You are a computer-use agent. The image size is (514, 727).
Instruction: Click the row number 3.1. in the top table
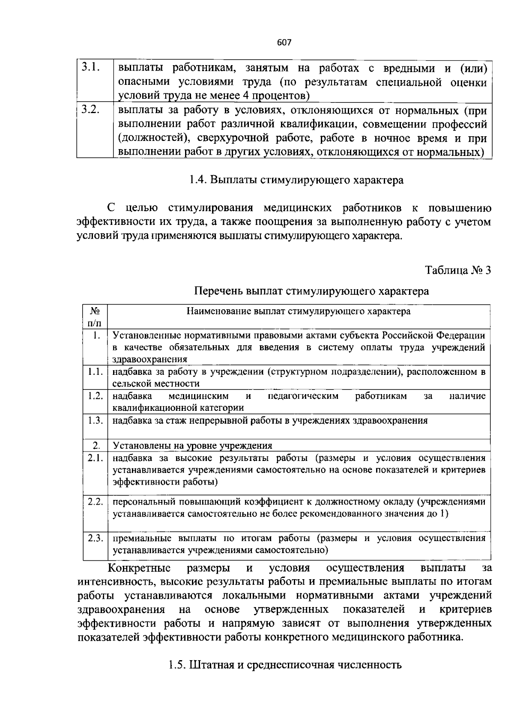click(x=91, y=67)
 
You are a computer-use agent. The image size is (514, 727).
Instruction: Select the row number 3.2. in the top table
click(x=91, y=110)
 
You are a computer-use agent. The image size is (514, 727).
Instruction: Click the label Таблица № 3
click(x=458, y=270)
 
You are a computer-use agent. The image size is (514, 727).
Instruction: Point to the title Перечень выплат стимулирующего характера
click(x=311, y=291)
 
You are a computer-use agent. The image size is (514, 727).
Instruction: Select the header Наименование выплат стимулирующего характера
click(x=299, y=311)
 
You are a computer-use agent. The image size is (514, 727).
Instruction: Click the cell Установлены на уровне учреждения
click(x=192, y=446)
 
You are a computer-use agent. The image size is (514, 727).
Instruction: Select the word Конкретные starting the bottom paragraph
click(x=139, y=568)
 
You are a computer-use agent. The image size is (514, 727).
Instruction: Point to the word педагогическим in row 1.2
click(x=303, y=396)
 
